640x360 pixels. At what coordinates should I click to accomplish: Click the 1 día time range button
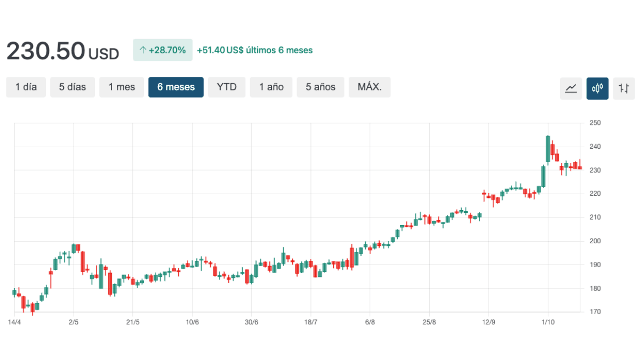click(26, 87)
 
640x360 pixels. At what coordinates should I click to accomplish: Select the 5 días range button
click(73, 87)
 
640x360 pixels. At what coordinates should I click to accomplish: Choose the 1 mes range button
click(122, 87)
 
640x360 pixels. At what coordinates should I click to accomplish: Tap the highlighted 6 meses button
click(176, 87)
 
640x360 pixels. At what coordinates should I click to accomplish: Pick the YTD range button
click(227, 87)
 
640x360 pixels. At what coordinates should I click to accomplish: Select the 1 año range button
click(271, 87)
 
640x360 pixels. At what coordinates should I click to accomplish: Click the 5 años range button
click(321, 87)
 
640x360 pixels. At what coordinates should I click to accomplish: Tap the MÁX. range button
click(370, 87)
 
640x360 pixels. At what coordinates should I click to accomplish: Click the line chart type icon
click(571, 89)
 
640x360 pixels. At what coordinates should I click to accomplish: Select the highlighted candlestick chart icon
click(597, 89)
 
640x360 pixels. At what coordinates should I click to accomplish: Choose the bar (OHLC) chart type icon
click(624, 89)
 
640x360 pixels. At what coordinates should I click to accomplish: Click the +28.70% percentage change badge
click(163, 50)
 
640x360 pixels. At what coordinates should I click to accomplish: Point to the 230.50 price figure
click(46, 51)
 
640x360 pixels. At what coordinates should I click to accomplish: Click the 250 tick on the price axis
click(595, 123)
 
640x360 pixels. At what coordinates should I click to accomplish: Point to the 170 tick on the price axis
click(595, 312)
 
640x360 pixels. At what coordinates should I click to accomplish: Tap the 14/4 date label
click(14, 322)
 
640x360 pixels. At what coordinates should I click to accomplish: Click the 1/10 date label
click(548, 322)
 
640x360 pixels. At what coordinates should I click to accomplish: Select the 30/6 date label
click(252, 322)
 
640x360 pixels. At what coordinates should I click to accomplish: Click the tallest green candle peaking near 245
click(548, 149)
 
